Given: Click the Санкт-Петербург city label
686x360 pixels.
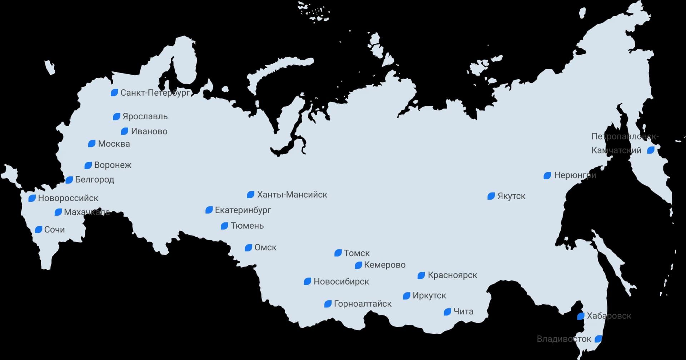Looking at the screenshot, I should point(155,93).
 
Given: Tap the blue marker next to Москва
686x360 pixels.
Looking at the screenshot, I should point(92,144).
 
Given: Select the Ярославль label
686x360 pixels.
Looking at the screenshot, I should point(145,116).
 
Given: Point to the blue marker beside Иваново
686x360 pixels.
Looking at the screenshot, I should point(125,131).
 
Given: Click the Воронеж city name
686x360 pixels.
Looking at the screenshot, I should point(113,165).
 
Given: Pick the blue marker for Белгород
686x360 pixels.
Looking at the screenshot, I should point(69,180).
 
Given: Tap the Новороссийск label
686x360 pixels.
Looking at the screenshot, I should point(68,198).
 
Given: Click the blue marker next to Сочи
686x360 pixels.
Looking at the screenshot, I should point(39,230).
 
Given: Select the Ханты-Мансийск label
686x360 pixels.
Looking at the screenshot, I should point(292,195).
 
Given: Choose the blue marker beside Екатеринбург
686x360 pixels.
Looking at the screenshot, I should point(209,210).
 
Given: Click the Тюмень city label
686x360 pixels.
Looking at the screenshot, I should point(247,226).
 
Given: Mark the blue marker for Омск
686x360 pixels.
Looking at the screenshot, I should point(248,248).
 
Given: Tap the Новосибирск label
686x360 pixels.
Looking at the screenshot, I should point(341,281).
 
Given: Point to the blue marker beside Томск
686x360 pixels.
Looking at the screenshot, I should point(338,253).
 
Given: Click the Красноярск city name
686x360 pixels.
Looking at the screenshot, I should point(452,275).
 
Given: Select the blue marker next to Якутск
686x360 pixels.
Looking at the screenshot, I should point(491,196).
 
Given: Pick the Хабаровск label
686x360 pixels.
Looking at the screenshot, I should point(609,316).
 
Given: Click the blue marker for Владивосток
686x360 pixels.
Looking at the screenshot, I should point(598,339).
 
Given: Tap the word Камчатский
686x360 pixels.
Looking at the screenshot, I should point(616,150).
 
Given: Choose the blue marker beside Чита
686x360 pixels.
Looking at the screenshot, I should point(447,312).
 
